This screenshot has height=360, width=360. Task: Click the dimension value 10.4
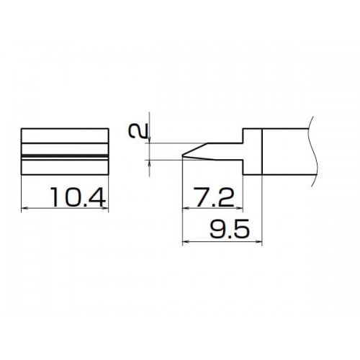click(78, 197)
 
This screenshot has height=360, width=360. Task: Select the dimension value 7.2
click(214, 197)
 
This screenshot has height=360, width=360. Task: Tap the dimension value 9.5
click(230, 229)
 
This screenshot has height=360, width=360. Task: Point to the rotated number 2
click(138, 132)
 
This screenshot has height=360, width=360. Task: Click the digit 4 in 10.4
click(97, 197)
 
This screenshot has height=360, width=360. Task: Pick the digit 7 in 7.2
click(201, 197)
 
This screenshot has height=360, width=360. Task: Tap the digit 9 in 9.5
click(217, 229)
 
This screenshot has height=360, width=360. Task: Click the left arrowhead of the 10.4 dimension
click(24, 208)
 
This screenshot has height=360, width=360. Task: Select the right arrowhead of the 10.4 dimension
click(105, 208)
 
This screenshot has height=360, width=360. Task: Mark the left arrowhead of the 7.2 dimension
click(186, 208)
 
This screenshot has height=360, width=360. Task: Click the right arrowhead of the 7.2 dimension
click(240, 208)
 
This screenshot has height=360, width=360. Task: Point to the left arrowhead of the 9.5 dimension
click(186, 241)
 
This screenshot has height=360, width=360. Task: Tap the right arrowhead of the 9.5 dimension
click(258, 241)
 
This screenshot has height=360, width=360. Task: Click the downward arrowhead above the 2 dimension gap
click(149, 140)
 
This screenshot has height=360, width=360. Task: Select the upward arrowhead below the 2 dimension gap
click(149, 163)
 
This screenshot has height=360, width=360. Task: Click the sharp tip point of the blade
click(183, 156)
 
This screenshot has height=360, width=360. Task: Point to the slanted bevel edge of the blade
click(195, 149)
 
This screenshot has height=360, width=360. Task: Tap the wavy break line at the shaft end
click(313, 151)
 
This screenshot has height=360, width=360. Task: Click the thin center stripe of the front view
click(65, 156)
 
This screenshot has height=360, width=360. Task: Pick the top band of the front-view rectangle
click(65, 136)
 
